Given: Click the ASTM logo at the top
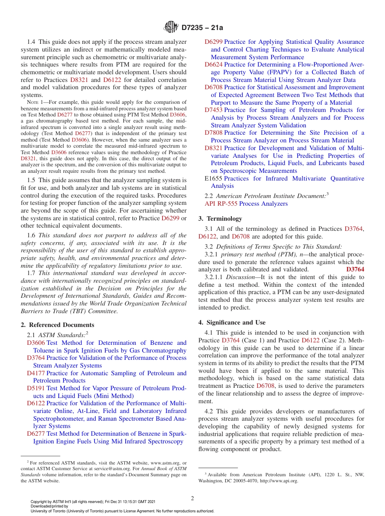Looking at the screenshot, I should click(x=171, y=27).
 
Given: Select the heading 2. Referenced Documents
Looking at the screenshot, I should click(x=57, y=325).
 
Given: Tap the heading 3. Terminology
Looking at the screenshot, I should click(x=220, y=219).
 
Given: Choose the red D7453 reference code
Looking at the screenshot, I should click(x=213, y=110).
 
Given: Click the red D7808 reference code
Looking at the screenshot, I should click(x=213, y=133).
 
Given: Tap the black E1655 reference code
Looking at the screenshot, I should click(x=213, y=178).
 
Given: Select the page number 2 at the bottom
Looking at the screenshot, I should click(x=192, y=499).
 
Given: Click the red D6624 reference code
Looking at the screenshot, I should click(x=213, y=64).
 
